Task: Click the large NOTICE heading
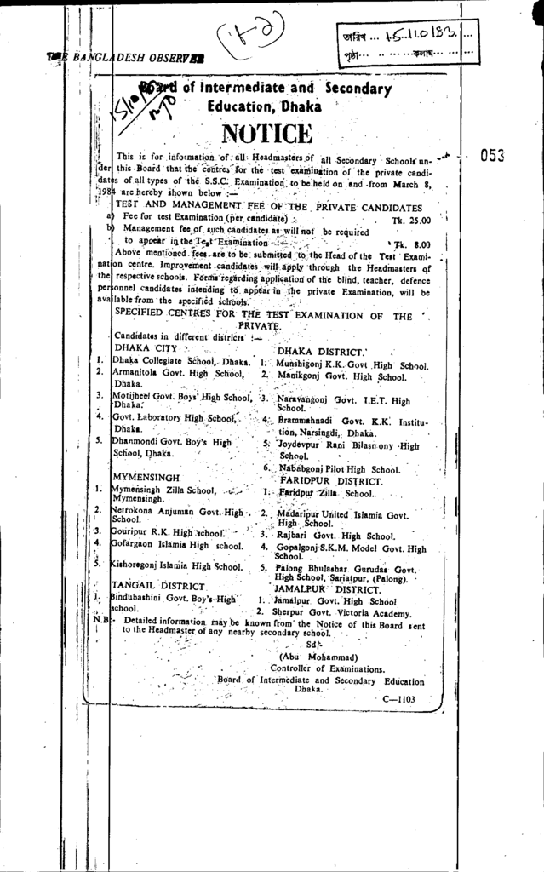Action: [266, 135]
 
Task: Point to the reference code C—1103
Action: [398, 697]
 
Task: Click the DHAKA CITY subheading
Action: [145, 349]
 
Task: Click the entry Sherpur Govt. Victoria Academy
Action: [339, 612]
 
